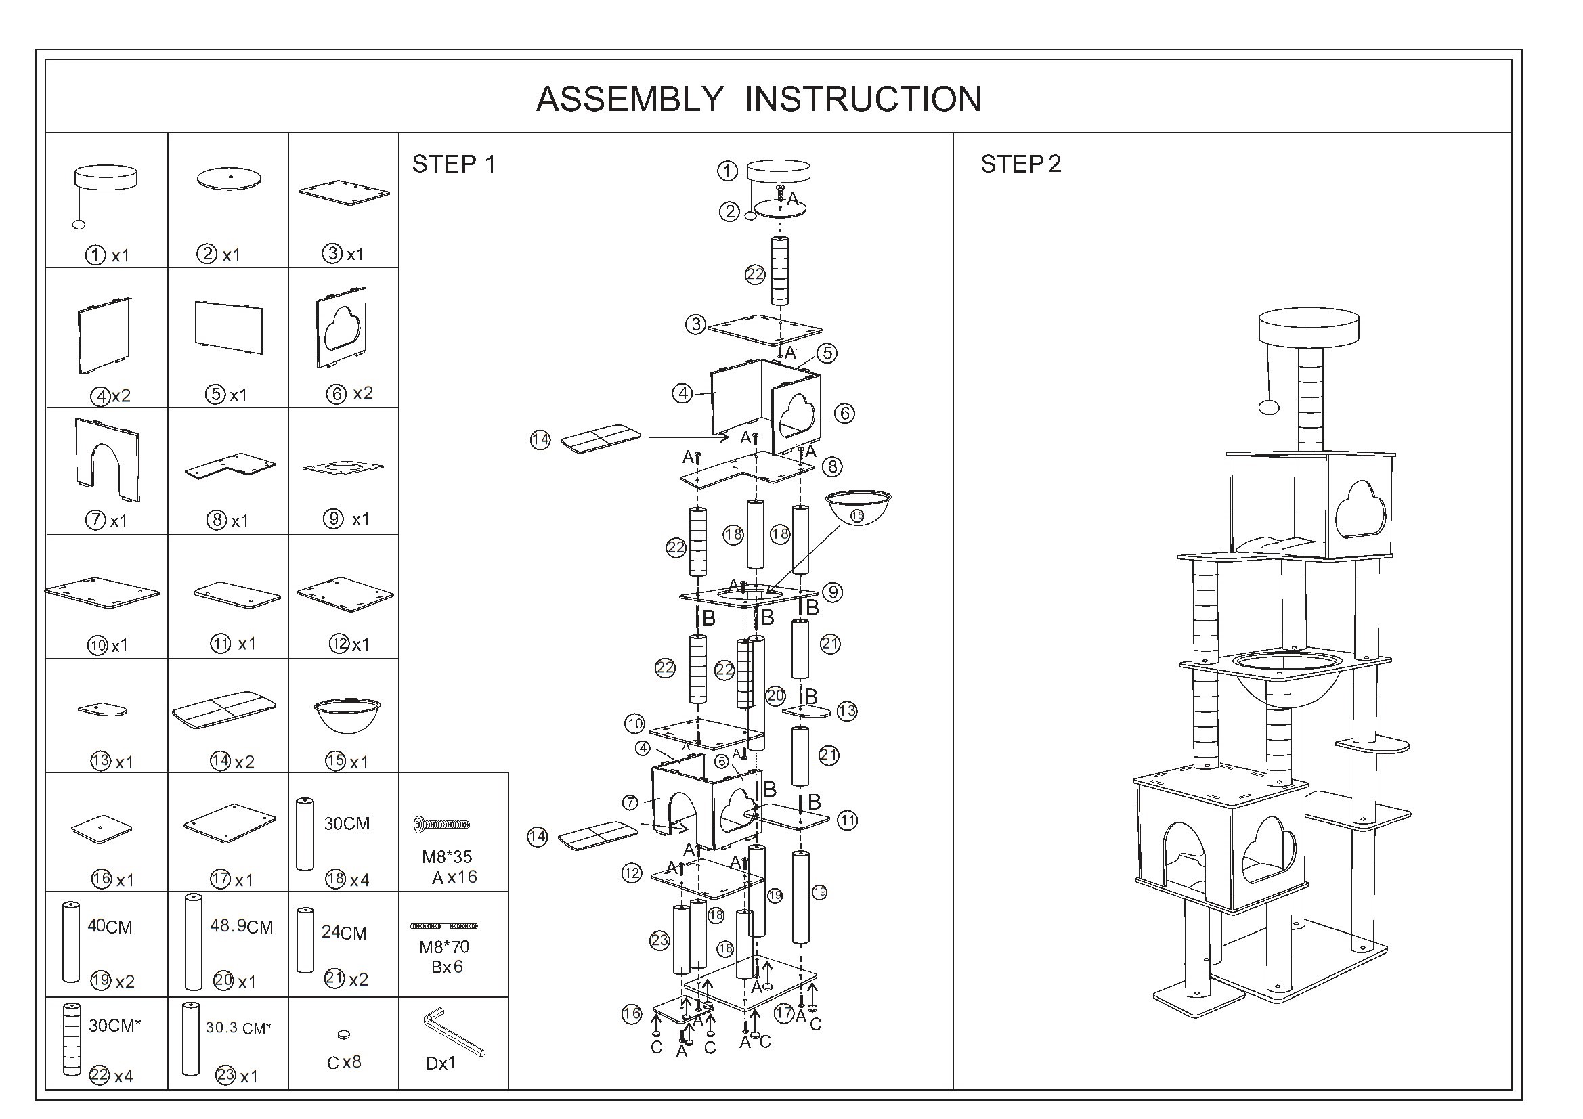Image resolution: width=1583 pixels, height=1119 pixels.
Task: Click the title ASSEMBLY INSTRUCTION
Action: click(x=758, y=100)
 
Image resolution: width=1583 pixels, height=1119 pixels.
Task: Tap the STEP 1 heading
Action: click(x=454, y=164)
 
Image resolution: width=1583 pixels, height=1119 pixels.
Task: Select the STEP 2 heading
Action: click(x=1020, y=164)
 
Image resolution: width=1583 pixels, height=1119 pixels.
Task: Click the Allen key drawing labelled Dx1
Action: click(x=454, y=1032)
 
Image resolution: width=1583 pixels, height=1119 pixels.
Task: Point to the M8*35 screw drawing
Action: click(x=442, y=824)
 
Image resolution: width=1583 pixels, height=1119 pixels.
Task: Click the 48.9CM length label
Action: click(x=241, y=926)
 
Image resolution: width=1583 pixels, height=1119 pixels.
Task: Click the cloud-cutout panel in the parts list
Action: click(x=341, y=328)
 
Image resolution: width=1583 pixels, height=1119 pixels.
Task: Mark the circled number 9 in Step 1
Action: click(x=833, y=592)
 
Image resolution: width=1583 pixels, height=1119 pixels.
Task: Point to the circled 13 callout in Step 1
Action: click(x=846, y=711)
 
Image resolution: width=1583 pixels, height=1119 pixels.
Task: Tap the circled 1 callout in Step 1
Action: click(x=727, y=171)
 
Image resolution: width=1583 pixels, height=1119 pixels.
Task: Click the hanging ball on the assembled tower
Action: click(x=1269, y=408)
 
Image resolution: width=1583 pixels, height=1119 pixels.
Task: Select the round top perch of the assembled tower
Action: click(x=1309, y=327)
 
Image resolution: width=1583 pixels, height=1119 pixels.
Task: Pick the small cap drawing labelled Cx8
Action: click(x=344, y=1034)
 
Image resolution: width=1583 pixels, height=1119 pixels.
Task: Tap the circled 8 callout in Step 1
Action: click(x=833, y=467)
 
